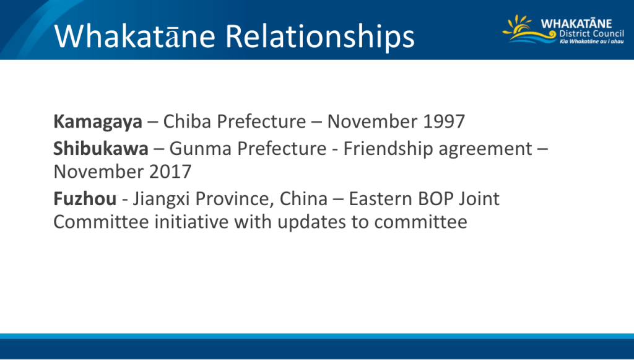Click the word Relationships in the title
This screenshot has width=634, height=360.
(x=320, y=37)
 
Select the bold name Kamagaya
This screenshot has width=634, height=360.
(x=98, y=122)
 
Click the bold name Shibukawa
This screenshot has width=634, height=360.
(x=101, y=149)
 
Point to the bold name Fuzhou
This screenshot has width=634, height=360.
(x=85, y=199)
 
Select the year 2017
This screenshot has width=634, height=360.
(x=170, y=172)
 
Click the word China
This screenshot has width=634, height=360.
(x=303, y=199)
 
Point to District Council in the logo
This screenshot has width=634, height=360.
(x=591, y=33)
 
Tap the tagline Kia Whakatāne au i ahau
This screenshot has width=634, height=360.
(x=591, y=42)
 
